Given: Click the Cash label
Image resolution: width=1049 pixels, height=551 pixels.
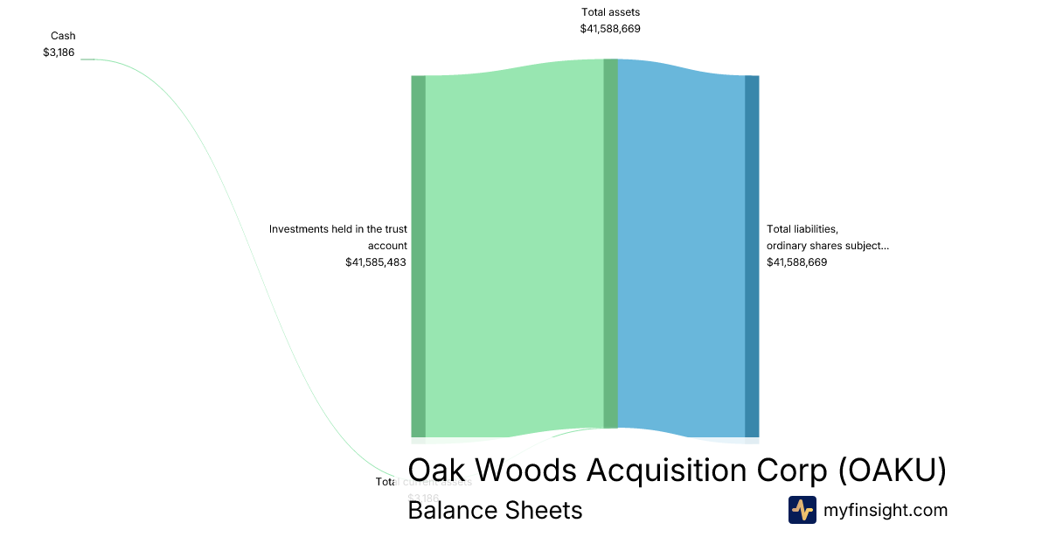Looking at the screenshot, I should pyautogui.click(x=63, y=36).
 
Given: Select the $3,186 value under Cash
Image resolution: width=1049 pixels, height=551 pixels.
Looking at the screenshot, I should pyautogui.click(x=59, y=52).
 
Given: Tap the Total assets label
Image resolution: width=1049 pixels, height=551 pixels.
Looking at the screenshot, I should pyautogui.click(x=610, y=12).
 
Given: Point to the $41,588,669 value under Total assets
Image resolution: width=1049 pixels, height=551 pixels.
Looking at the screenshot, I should pyautogui.click(x=610, y=29).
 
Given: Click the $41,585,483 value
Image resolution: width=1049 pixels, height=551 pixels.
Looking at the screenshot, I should pyautogui.click(x=376, y=262).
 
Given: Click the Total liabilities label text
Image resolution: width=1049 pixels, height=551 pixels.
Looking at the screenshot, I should pyautogui.click(x=802, y=229).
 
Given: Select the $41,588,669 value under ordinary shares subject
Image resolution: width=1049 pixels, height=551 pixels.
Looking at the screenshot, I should pyautogui.click(x=796, y=262).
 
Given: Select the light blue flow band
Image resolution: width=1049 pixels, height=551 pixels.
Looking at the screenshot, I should pyautogui.click(x=681, y=254).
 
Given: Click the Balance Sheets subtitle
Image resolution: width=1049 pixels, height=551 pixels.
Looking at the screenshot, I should pyautogui.click(x=495, y=510).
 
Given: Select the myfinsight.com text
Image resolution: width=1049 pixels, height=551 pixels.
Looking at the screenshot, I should pyautogui.click(x=886, y=510).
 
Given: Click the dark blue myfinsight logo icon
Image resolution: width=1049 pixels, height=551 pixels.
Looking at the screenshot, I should pyautogui.click(x=802, y=510).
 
